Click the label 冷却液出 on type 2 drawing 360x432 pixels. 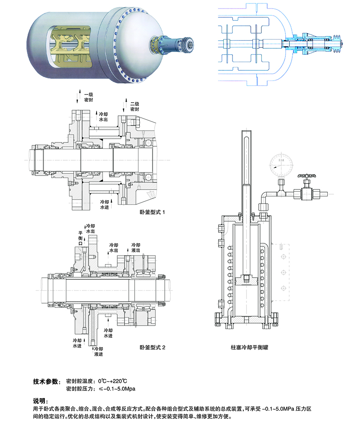point(136,248)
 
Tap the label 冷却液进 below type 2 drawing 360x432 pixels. point(98,351)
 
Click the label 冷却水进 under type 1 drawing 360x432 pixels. point(105,205)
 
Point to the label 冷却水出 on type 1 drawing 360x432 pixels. point(103,117)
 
